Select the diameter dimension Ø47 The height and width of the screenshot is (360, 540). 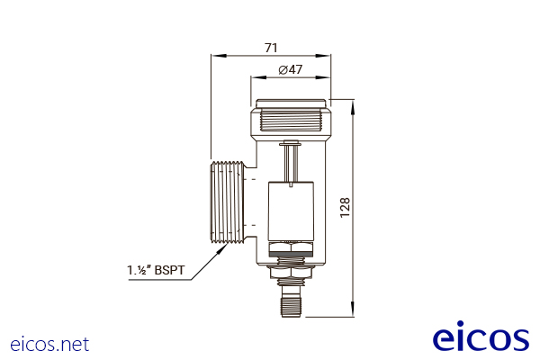[290, 70]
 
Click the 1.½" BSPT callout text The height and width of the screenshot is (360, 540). [157, 269]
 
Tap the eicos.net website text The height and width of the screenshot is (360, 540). [49, 344]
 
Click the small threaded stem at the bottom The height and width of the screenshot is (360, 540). [290, 300]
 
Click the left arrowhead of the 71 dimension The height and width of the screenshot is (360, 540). [214, 57]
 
